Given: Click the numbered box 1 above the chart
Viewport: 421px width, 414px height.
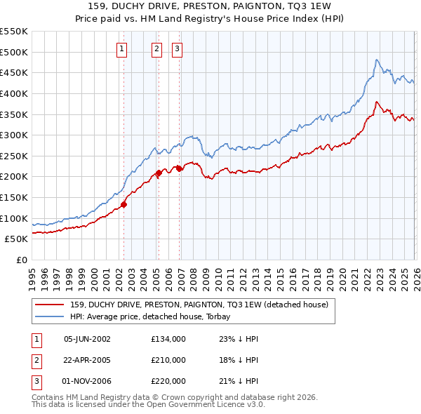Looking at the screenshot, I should [x=122, y=48].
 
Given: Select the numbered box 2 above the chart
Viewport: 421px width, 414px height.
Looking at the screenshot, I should [x=156, y=48].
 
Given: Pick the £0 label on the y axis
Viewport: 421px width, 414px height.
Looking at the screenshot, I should [x=22, y=260].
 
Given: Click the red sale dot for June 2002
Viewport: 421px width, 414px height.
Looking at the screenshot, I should [x=123, y=204].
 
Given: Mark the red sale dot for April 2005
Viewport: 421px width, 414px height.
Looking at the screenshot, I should [x=159, y=173].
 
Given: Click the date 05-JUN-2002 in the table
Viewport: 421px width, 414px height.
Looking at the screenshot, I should [x=87, y=338].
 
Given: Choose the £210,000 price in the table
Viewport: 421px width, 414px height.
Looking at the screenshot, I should [x=168, y=360].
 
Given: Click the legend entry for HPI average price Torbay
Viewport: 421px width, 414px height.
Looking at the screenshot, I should [x=151, y=316].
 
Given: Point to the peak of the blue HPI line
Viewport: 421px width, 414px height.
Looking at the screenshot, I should [x=377, y=60].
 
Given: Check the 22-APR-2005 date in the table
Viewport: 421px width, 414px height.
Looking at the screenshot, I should [x=87, y=360].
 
